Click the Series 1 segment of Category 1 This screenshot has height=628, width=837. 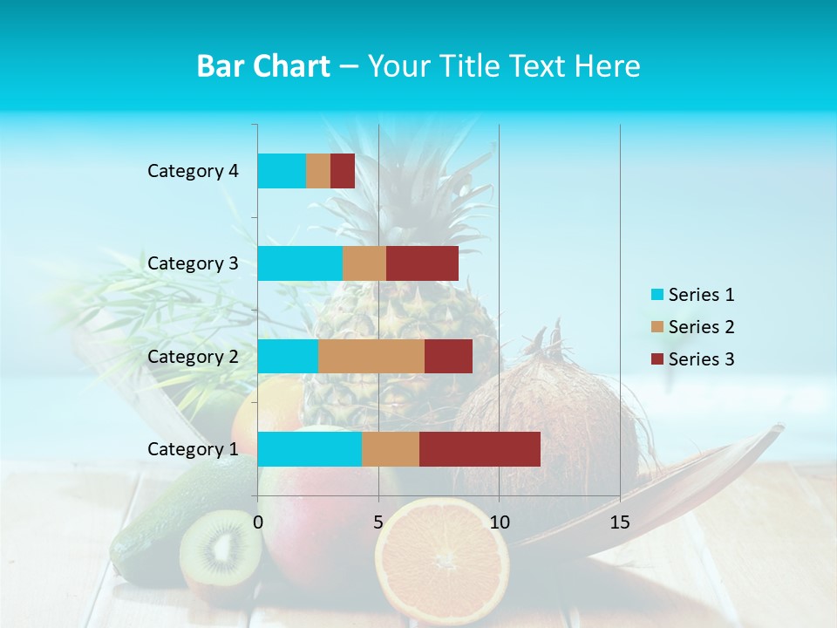[x=310, y=449]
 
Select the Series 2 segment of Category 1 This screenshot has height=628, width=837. [x=391, y=449]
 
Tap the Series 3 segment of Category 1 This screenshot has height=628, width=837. [x=480, y=449]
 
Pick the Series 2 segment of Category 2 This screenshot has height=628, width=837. [x=371, y=356]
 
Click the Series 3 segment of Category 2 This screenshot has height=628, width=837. [x=448, y=356]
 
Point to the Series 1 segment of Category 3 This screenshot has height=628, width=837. [x=300, y=263]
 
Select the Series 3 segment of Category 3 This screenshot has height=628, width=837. [x=422, y=263]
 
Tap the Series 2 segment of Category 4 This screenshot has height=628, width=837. [x=318, y=171]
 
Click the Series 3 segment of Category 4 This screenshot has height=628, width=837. [x=343, y=171]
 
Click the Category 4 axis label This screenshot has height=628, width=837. [x=193, y=171]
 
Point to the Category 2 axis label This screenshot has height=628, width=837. [x=193, y=356]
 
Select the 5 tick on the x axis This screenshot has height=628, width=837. [x=378, y=522]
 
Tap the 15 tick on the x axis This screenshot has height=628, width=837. [x=619, y=522]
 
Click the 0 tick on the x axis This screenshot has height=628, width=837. [x=258, y=522]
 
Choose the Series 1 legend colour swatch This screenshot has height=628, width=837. [x=657, y=295]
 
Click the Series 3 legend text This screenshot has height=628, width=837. [x=701, y=359]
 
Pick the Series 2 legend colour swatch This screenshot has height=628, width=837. [x=657, y=327]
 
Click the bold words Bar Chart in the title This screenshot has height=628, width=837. [x=263, y=66]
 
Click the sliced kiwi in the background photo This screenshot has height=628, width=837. [x=220, y=549]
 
